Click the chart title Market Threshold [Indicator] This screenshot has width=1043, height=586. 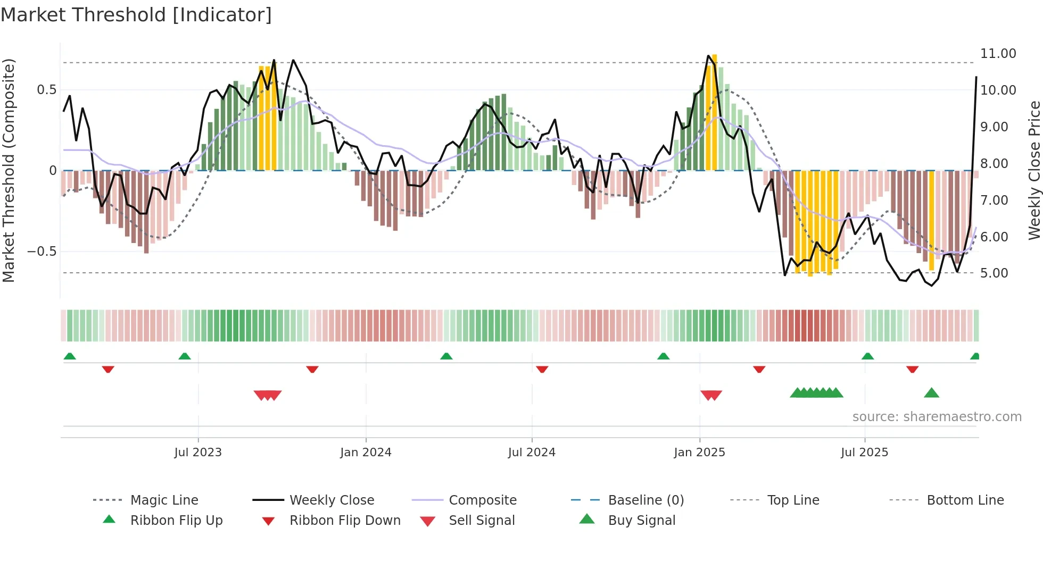coord(136,15)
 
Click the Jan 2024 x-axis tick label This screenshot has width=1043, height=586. coord(366,453)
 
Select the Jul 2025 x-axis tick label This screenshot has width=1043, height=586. coord(864,453)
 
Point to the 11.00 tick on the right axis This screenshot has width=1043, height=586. coord(998,54)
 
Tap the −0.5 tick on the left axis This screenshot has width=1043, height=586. coord(42,252)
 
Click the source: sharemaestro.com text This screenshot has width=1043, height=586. coord(937,417)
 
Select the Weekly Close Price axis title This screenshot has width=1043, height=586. coord(1034,170)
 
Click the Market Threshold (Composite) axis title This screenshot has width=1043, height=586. coord(9,170)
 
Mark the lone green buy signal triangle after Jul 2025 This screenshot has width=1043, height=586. coord(931,394)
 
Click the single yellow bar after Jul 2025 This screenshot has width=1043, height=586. coord(931,221)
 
